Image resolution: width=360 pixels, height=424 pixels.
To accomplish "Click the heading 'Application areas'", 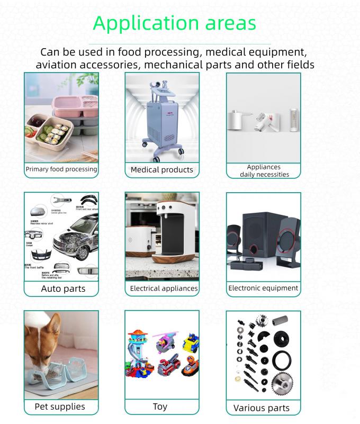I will click(174, 23).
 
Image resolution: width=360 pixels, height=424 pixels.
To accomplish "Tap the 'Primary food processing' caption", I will click(61, 169).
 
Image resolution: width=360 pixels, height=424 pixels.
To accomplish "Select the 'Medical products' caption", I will click(161, 170).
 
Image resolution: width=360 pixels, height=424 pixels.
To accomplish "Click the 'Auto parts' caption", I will click(63, 289).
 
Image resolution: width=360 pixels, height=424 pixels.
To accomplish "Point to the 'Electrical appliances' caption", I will click(164, 288).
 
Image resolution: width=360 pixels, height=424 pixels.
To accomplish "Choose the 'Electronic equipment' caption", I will click(263, 288).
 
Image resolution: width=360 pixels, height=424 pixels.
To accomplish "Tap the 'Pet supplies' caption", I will click(59, 407).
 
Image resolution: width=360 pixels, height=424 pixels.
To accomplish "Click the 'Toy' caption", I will click(160, 407).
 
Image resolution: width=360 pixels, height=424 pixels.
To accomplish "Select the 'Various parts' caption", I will click(262, 408).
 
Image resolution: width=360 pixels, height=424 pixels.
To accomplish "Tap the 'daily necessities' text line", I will click(264, 174).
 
